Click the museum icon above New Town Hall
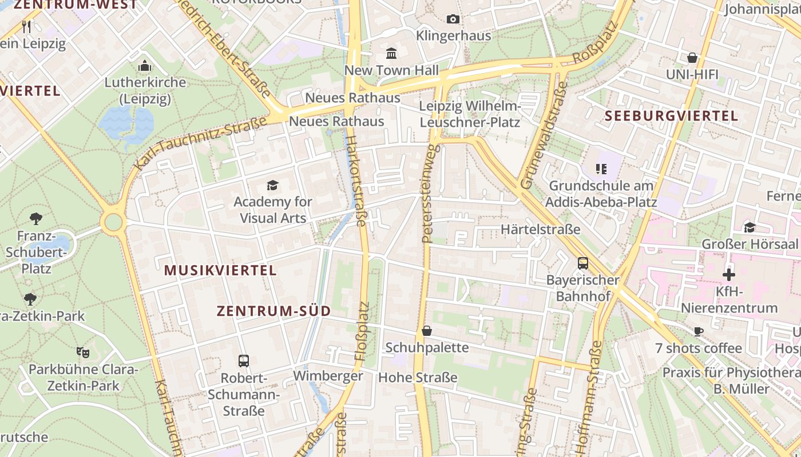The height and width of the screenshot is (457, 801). pos(391,53)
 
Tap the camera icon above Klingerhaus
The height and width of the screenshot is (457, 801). pos(453,19)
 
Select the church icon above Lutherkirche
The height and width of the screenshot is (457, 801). pos(145,65)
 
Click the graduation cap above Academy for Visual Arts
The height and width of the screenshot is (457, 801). pos(272,185)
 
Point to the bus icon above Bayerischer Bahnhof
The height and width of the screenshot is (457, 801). pos(582,263)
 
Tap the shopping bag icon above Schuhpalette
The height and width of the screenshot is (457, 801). pos(426,331)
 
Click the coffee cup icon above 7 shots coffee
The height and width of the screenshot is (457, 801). pos(698,331)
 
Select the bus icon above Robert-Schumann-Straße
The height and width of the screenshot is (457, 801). pos(244,361)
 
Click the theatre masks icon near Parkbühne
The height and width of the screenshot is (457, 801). pos(83,352)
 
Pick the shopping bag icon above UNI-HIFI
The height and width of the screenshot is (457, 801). pos(692,58)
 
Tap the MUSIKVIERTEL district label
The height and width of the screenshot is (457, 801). pos(221,270)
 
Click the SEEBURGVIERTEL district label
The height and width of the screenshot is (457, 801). pos(671,116)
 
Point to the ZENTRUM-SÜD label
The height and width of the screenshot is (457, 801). pos(273,311)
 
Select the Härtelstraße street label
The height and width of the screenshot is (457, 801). pos(540,230)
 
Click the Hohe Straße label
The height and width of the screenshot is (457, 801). pos(418,377)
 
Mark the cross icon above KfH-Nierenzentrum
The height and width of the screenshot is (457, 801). pos(728,275)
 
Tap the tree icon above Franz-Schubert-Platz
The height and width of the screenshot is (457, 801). pos(35,218)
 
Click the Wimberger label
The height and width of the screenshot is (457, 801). pos(328,376)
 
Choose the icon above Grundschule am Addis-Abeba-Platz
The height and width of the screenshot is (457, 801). pos(601,169)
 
